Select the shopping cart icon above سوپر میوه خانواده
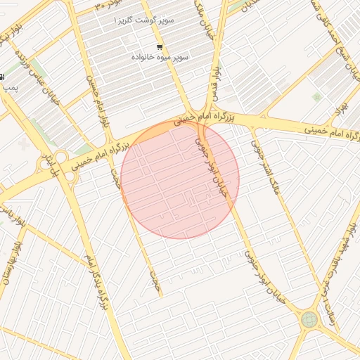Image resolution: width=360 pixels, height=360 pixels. coord(160,46)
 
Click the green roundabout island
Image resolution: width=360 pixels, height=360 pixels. coord(309,320)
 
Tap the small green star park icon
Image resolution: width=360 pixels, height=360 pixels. coord(316,97)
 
